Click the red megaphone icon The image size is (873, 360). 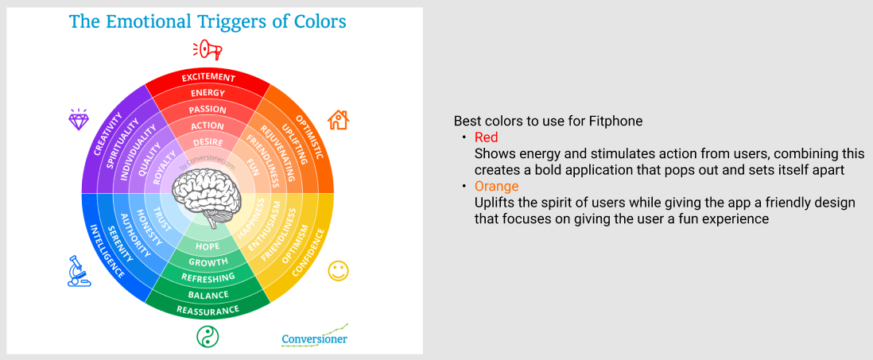(208, 50)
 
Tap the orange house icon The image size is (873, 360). (338, 120)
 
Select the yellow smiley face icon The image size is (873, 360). (338, 270)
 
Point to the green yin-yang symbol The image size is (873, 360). (208, 337)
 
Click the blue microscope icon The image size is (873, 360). (79, 271)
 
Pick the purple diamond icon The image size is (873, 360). (77, 120)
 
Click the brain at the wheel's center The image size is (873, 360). (208, 196)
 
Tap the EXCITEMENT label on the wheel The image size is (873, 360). (208, 77)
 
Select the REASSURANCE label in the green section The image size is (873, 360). (208, 309)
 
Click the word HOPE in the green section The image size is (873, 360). (208, 246)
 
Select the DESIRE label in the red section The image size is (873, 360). (208, 142)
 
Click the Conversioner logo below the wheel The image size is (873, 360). (315, 337)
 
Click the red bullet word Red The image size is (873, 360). (486, 137)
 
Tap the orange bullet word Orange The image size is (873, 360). (497, 187)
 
